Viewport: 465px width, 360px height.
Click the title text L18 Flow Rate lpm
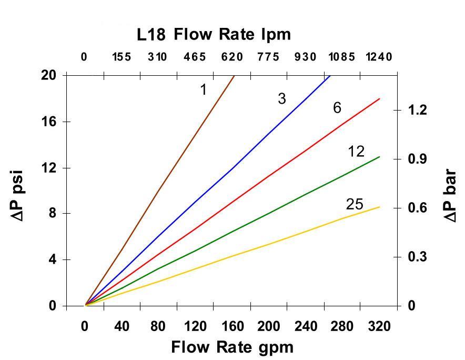[214, 35]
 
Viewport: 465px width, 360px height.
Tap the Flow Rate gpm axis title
[232, 347]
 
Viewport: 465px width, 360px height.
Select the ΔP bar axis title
[450, 195]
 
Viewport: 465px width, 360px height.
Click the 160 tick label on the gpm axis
[232, 327]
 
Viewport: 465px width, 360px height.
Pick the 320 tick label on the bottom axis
[379, 327]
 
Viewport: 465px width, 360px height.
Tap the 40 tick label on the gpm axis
[122, 327]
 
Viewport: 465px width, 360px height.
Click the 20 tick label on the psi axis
[48, 75]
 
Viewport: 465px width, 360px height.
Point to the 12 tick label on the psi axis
[48, 168]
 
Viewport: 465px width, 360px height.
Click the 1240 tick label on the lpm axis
[379, 57]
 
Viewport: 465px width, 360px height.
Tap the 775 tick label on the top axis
[268, 57]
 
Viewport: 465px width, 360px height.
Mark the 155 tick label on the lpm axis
[122, 57]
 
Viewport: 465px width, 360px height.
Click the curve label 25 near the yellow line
[355, 204]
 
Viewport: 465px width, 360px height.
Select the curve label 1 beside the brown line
[203, 90]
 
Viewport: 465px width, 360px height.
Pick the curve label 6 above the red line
[337, 108]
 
